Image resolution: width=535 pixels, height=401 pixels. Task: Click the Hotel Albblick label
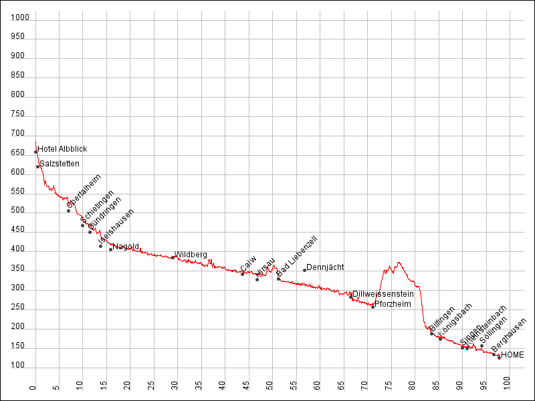(62, 149)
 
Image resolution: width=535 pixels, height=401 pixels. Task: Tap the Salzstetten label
(60, 164)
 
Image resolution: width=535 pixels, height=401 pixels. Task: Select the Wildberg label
(191, 255)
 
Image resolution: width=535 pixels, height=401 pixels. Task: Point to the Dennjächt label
(325, 267)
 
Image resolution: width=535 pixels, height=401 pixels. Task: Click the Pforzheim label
(393, 304)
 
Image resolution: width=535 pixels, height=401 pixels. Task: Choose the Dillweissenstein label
(383, 294)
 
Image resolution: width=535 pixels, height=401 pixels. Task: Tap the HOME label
(512, 355)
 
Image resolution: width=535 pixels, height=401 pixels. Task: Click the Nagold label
(126, 247)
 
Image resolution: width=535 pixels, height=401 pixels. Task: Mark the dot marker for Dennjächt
(304, 270)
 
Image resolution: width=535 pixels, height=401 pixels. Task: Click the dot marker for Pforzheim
(373, 307)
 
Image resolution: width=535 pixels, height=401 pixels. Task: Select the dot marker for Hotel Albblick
(36, 152)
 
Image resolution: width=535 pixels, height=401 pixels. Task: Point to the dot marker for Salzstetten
(38, 166)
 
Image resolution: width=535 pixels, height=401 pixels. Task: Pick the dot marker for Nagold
(111, 249)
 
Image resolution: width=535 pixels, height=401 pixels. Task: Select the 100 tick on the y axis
(20, 366)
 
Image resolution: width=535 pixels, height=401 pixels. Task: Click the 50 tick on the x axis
(270, 386)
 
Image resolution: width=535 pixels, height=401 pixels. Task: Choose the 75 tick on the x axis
(389, 386)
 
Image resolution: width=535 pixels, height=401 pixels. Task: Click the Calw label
(248, 263)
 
